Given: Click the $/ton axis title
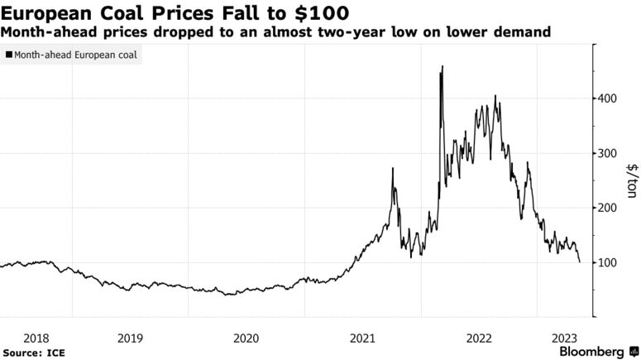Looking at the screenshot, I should (631, 180).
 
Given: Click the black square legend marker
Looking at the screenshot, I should (8, 56).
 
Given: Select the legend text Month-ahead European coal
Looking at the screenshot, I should (75, 56).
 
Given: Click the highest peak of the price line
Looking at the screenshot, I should (442, 66).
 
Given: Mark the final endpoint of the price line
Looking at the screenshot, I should (579, 262).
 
